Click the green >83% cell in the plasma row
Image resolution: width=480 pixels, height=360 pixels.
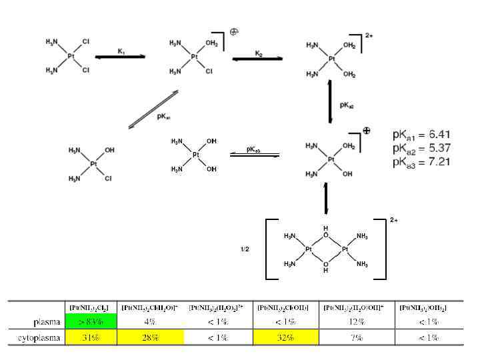(x=91, y=322)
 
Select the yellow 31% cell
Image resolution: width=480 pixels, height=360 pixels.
(x=91, y=338)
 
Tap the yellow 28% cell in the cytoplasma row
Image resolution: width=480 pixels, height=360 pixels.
(x=150, y=338)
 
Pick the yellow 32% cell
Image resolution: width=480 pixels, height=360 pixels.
(x=286, y=338)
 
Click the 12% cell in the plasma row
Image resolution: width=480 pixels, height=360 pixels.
(x=357, y=322)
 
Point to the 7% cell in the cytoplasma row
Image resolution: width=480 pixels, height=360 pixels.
(x=357, y=338)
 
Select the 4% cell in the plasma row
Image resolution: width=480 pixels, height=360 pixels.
(x=150, y=322)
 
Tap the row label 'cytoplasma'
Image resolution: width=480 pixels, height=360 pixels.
(x=39, y=338)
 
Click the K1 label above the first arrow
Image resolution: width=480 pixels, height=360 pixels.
(x=121, y=51)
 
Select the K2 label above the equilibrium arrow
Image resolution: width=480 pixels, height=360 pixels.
(x=259, y=53)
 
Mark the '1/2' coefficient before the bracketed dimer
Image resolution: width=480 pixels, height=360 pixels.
(x=245, y=249)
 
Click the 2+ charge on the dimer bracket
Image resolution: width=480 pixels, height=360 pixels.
(x=394, y=219)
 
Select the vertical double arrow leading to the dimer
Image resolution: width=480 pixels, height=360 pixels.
(x=326, y=198)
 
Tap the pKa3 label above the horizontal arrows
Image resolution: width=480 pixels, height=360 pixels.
(x=253, y=150)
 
